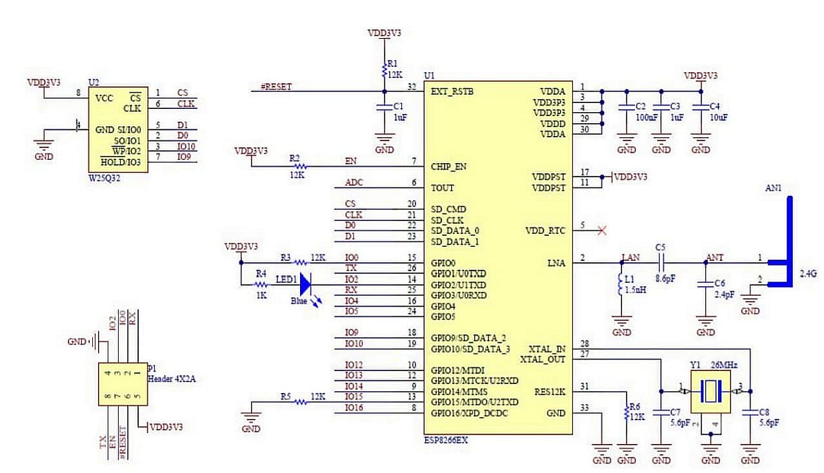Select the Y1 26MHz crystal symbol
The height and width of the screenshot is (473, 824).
point(710,391)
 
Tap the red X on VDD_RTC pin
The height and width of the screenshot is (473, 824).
point(602,230)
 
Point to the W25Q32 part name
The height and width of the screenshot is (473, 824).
point(105,179)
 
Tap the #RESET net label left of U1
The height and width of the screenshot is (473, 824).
point(276,86)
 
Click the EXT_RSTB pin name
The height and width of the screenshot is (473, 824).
point(452,92)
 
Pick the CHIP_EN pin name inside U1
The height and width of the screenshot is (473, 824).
point(448,166)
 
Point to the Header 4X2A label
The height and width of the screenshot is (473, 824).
point(172,379)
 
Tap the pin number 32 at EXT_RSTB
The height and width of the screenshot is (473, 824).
point(411,86)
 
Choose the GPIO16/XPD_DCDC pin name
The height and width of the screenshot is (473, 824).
point(469,412)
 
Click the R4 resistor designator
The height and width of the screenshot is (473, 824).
point(260,273)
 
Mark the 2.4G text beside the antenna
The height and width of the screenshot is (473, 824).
point(808,274)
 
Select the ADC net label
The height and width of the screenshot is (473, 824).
point(354,182)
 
